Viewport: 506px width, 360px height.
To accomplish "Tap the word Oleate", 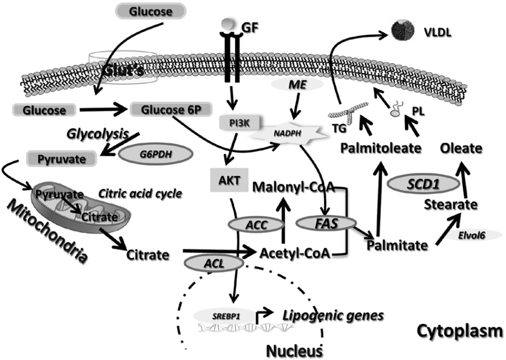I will click(462, 149).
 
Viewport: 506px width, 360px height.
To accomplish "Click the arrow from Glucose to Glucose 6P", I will click(105, 111).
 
